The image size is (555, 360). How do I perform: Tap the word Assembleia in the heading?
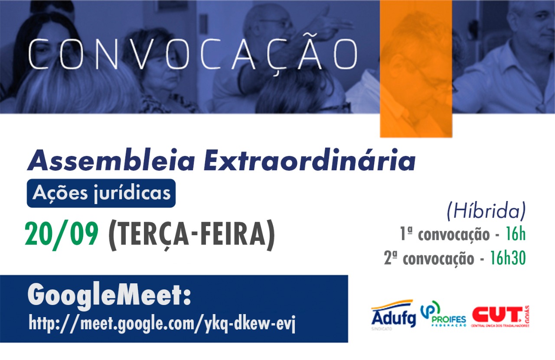tap(111, 160)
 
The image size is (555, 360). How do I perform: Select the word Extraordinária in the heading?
tap(310, 160)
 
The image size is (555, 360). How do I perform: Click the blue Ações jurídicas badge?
tap(101, 193)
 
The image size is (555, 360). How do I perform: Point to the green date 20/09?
tap(62, 234)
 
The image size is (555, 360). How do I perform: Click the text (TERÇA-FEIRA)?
tap(192, 235)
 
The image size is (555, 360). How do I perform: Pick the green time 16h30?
tap(508, 258)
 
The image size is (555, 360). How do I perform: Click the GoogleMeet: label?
tap(109, 296)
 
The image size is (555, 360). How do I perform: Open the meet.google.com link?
tap(162, 323)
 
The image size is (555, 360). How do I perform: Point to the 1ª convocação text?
tap(445, 234)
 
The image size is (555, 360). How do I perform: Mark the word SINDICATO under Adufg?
tap(382, 329)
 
